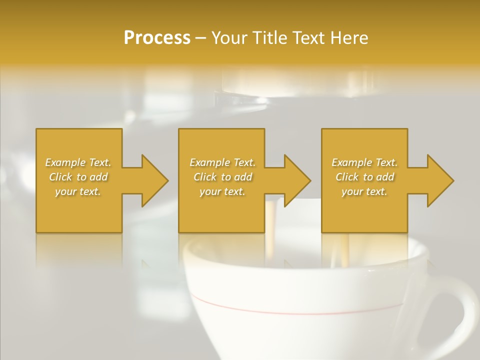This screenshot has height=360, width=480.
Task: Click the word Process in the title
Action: (157, 38)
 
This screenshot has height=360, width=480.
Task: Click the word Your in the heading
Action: (230, 38)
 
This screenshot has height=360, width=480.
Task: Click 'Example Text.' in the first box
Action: (78, 162)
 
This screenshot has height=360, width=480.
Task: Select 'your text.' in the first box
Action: (78, 191)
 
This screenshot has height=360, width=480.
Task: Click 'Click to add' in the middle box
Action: (222, 177)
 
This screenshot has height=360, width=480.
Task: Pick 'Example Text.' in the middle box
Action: (222, 162)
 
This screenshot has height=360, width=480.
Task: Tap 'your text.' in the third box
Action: (364, 191)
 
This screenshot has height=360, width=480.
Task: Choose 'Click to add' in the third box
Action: (364, 177)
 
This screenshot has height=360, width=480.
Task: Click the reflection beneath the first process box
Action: (79, 250)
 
